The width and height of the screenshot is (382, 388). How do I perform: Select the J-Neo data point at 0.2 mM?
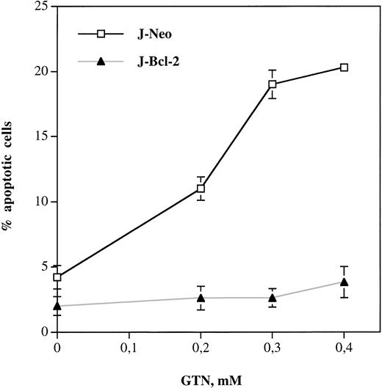pos(201,188)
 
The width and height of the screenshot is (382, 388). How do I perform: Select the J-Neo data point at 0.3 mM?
pos(273,84)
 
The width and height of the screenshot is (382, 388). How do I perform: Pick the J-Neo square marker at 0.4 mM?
pos(344,67)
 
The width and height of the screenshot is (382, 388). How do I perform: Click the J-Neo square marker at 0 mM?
pos(57,277)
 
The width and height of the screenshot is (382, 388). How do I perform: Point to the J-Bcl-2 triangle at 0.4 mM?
pos(344,282)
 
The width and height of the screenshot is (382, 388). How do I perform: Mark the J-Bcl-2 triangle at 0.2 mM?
pos(201,298)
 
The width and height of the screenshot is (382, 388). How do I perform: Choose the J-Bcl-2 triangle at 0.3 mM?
pos(273,298)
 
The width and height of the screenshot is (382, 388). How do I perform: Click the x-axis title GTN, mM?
pos(201,378)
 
